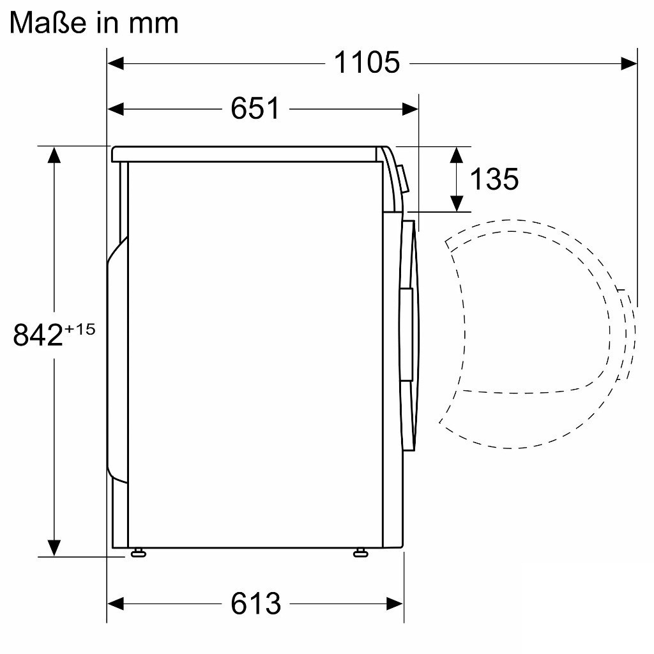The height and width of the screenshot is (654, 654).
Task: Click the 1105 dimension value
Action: point(367,63)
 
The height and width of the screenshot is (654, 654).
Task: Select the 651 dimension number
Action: point(255,109)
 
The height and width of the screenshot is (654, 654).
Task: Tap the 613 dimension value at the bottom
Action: point(255,604)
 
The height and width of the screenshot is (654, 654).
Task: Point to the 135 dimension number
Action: point(494,179)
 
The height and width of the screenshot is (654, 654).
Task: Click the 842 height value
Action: point(38,335)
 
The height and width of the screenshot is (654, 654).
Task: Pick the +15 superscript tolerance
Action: point(80,329)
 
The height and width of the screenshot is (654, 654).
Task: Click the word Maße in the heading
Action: point(47,22)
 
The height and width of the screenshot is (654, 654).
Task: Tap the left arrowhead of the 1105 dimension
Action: point(116,64)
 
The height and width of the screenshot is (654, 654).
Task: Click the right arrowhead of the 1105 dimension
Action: point(629,64)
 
